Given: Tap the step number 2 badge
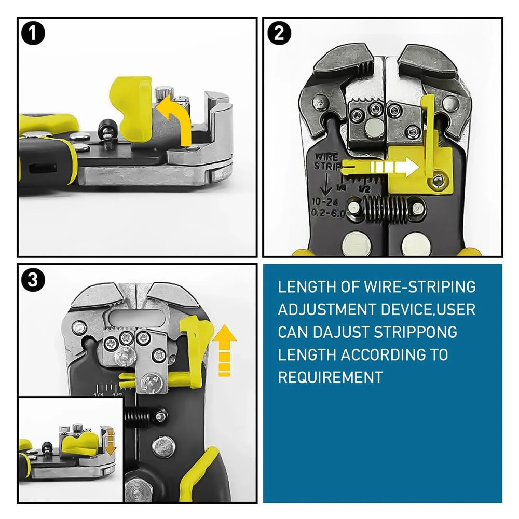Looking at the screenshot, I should (279, 34).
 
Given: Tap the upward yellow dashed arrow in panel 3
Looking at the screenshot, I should (224, 350).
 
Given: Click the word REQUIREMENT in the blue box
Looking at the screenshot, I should (330, 377).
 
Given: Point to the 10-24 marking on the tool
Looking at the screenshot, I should (325, 201).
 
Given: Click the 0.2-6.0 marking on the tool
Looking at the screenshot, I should (327, 213).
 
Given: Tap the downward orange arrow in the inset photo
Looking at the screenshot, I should (111, 438).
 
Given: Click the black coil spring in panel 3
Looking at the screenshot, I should (141, 415).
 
